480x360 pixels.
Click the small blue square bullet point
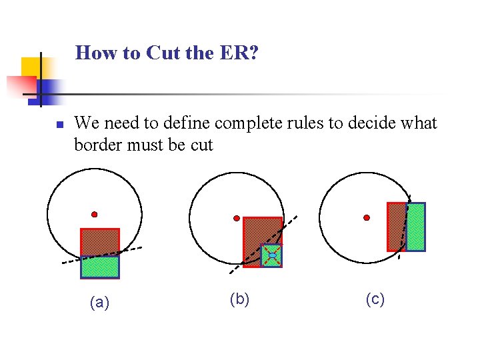pyautogui.click(x=59, y=125)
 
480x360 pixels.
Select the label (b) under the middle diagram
pyautogui.click(x=239, y=299)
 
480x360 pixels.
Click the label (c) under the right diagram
pyautogui.click(x=375, y=299)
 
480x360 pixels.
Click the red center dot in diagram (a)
pyautogui.click(x=95, y=215)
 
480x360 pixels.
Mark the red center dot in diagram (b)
pyautogui.click(x=236, y=218)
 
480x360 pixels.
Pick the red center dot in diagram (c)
pyautogui.click(x=367, y=217)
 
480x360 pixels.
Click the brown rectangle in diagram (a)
pyautogui.click(x=99, y=241)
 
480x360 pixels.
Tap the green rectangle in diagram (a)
pyautogui.click(x=100, y=267)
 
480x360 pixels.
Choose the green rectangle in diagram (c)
pyautogui.click(x=415, y=227)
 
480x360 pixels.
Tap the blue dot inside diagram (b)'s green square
pyautogui.click(x=271, y=255)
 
